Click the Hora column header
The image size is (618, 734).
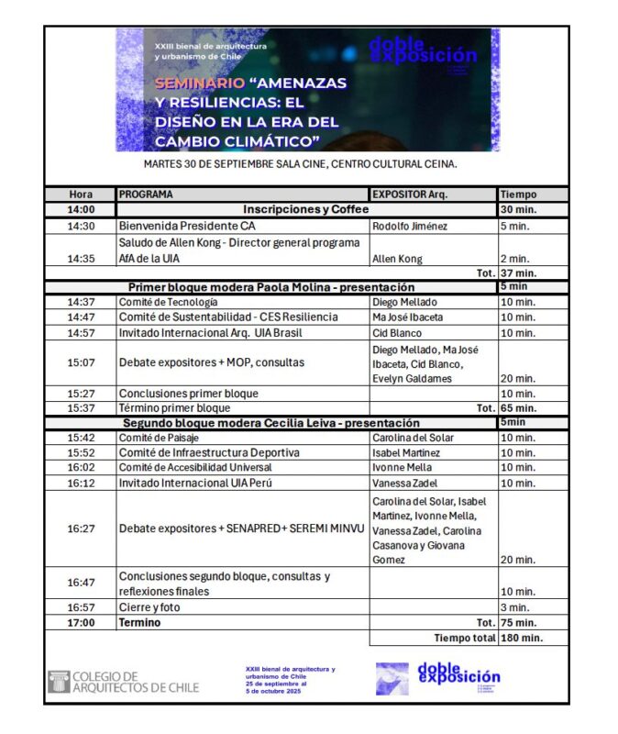(x=81, y=195)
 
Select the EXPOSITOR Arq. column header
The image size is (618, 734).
(x=410, y=195)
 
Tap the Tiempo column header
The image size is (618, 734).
(x=519, y=195)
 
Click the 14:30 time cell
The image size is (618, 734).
(x=81, y=226)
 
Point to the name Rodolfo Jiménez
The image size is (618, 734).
(x=410, y=226)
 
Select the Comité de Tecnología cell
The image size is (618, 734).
(x=169, y=302)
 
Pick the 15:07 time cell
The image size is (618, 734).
(x=81, y=362)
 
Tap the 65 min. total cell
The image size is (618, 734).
(x=519, y=408)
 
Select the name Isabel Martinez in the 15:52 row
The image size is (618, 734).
(x=406, y=453)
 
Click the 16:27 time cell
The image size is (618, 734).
(x=81, y=528)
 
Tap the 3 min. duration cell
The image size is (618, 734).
(x=514, y=607)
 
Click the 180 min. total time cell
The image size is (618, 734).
(x=519, y=638)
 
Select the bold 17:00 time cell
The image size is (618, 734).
(x=81, y=622)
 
